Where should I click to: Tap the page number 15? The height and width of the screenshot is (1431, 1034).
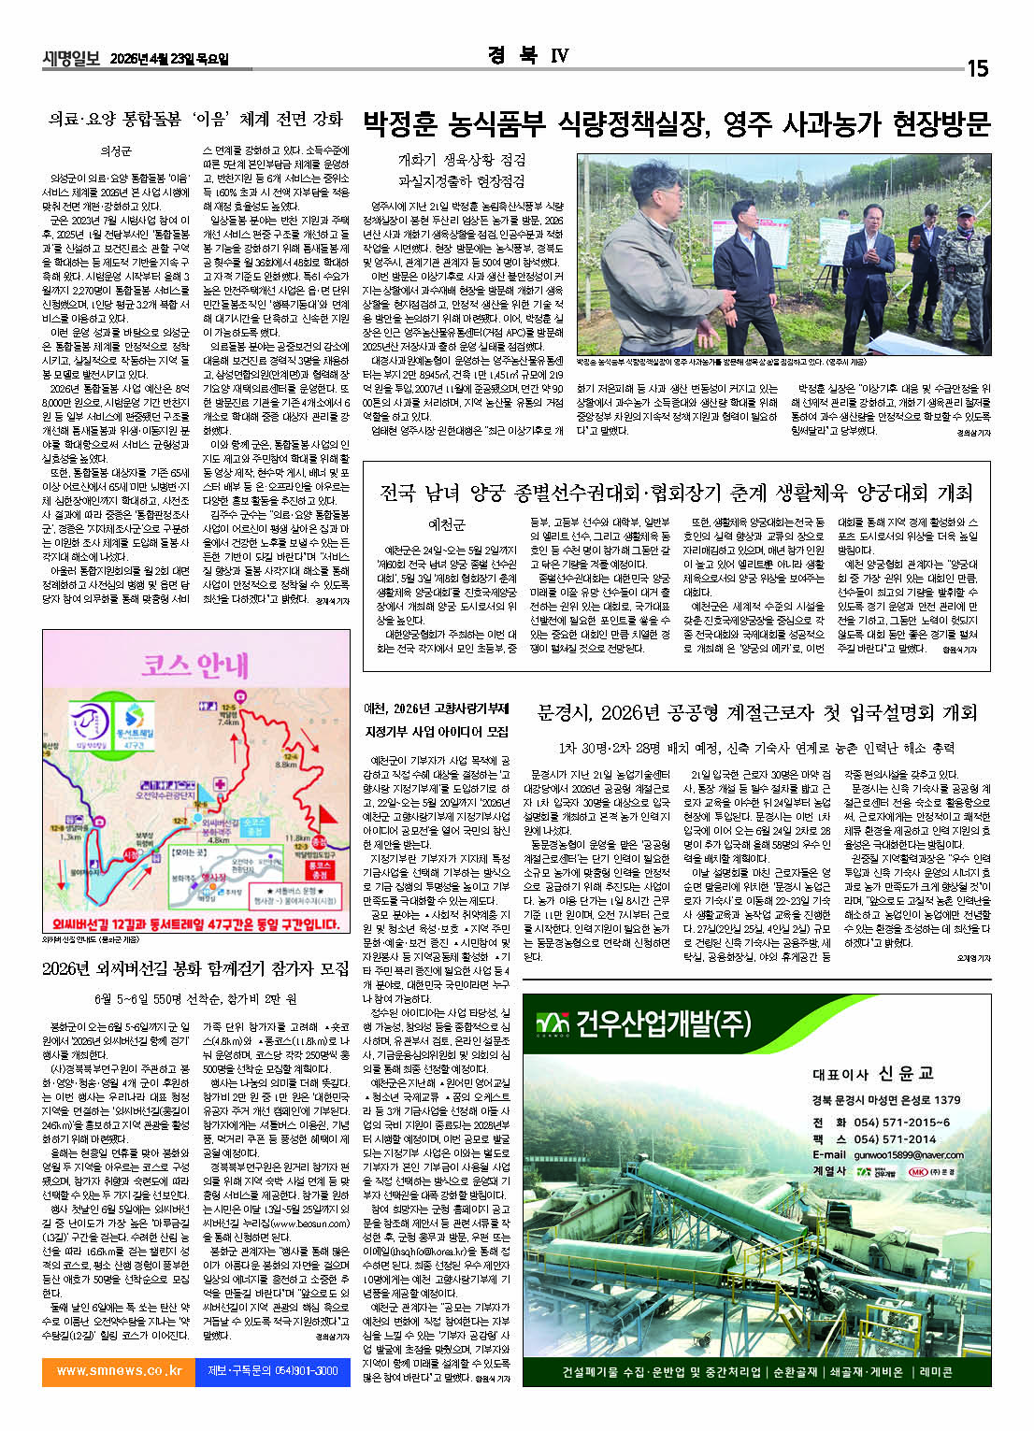click(x=976, y=68)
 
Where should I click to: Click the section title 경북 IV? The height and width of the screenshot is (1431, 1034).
click(x=527, y=55)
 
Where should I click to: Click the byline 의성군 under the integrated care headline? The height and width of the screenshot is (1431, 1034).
click(x=116, y=150)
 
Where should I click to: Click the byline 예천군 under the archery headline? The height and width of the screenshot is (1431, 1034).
click(x=446, y=524)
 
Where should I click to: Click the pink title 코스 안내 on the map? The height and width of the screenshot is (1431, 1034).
click(x=194, y=665)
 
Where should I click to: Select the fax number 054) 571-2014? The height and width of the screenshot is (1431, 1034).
click(x=894, y=1138)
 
